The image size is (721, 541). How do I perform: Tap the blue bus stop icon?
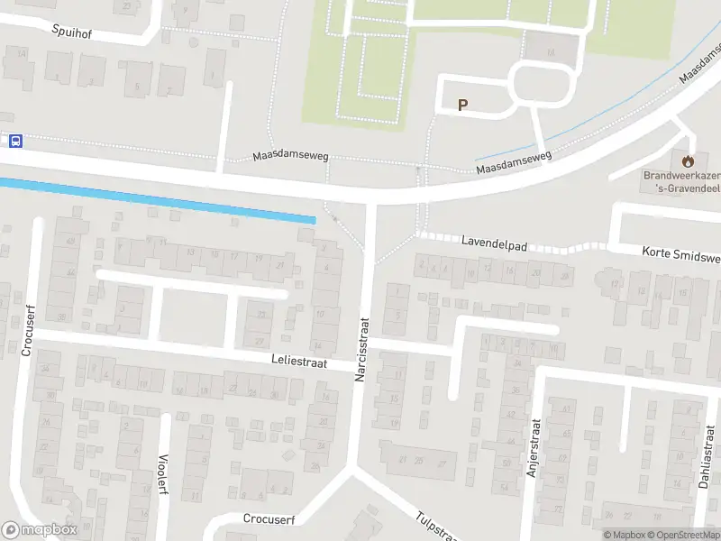(15, 141)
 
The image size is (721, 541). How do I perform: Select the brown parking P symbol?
(463, 105)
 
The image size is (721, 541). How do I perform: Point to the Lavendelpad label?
(493, 243)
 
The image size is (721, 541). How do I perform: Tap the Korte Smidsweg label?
(681, 254)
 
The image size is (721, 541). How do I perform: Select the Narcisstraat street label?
(362, 348)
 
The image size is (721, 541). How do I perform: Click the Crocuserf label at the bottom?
(269, 518)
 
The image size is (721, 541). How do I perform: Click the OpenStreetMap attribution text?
(683, 535)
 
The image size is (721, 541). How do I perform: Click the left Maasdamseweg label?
(290, 155)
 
